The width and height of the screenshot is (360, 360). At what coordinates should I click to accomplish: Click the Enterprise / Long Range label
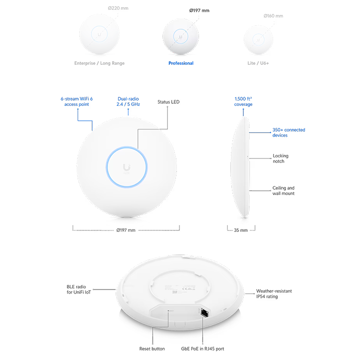(x=99, y=64)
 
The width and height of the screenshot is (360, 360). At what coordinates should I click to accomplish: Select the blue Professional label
(x=181, y=64)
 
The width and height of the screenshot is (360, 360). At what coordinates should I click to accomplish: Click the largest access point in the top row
(x=99, y=32)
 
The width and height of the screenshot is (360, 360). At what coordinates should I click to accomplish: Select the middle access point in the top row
(x=181, y=35)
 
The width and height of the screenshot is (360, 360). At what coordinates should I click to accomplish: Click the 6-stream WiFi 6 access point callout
(x=77, y=100)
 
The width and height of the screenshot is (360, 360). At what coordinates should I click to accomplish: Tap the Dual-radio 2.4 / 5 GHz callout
(x=129, y=100)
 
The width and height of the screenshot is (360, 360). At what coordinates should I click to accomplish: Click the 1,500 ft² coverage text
(x=243, y=101)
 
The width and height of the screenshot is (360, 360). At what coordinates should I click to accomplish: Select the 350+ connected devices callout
(x=289, y=133)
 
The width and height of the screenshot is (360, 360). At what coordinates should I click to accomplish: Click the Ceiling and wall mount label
(x=283, y=191)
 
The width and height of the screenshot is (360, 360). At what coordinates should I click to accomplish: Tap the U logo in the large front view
(x=127, y=166)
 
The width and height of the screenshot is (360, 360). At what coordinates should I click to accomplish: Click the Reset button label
(x=152, y=348)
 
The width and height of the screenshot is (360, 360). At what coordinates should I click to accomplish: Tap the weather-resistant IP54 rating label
(x=276, y=294)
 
